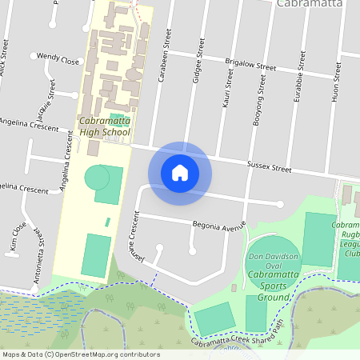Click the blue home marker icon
(x=180, y=172)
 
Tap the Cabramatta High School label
(x=105, y=126)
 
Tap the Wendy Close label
(x=59, y=60)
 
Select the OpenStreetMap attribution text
(x=80, y=354)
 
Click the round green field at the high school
(x=97, y=176)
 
